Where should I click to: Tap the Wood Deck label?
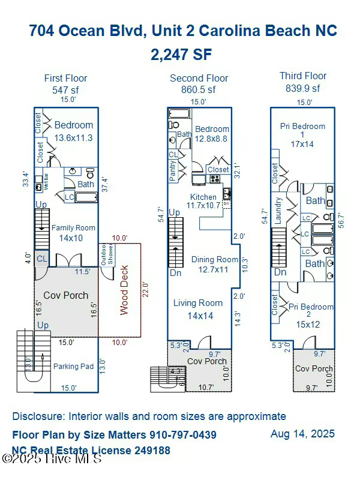[124, 290]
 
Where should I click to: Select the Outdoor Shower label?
[106, 254]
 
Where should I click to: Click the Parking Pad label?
[73, 366]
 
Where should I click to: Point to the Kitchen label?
[203, 197]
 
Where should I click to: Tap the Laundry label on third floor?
[278, 211]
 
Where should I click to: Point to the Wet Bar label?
[46, 181]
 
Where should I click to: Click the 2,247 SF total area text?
[181, 55]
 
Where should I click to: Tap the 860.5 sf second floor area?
[199, 89]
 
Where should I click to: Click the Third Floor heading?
[303, 76]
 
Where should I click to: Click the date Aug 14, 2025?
[302, 433]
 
